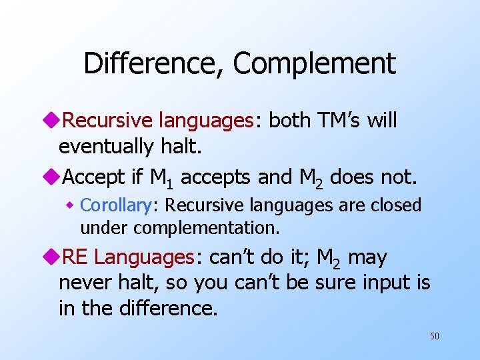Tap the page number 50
[434, 336]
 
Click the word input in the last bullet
[385, 283]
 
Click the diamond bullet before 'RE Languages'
[53, 257]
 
